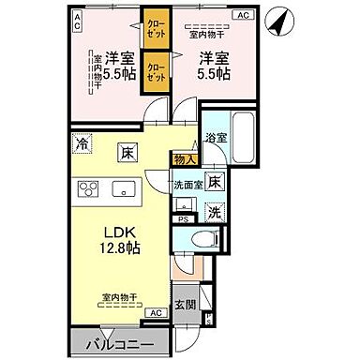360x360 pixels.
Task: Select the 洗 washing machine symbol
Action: tap(214, 212)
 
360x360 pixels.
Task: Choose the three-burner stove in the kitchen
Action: tap(90, 189)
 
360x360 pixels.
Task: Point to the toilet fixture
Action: tap(200, 239)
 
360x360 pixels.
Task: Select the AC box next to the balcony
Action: tap(156, 312)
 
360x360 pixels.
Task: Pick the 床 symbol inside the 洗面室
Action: tap(214, 182)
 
